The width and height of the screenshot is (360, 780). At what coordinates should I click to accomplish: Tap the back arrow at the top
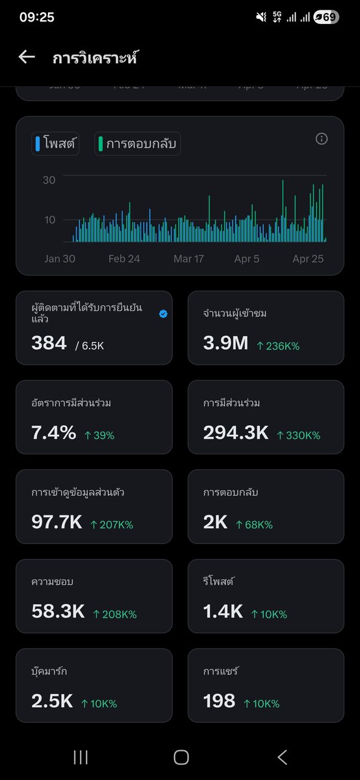[27, 57]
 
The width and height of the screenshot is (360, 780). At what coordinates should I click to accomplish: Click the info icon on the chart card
[321, 139]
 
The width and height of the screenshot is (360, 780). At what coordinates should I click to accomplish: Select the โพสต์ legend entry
[55, 144]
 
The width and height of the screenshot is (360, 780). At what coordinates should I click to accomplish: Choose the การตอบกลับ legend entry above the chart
[138, 144]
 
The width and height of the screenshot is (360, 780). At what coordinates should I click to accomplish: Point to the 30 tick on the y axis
[49, 180]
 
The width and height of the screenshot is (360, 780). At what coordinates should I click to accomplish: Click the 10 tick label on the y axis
[49, 220]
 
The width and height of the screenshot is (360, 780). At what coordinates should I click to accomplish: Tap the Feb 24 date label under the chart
[124, 259]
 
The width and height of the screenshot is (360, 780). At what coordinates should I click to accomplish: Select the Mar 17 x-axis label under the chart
[188, 259]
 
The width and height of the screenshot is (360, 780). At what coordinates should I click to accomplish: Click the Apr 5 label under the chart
[247, 259]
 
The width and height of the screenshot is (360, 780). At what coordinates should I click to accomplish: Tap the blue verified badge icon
[163, 313]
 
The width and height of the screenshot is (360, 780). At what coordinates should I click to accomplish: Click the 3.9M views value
[225, 343]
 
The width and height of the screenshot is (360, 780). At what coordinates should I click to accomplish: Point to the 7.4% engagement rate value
[53, 433]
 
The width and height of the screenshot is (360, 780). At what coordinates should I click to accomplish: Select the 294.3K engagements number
[235, 433]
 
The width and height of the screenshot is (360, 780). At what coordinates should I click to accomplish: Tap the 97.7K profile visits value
[57, 522]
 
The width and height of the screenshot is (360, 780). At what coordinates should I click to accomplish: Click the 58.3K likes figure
[58, 612]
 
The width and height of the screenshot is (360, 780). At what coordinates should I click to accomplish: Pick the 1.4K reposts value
[223, 612]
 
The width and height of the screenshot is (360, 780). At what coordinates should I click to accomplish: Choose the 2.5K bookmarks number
[52, 701]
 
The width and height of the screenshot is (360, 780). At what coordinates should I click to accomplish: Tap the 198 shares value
[219, 701]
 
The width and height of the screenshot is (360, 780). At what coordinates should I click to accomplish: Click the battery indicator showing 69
[326, 18]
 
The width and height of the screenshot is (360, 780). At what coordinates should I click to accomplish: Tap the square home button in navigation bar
[181, 757]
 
